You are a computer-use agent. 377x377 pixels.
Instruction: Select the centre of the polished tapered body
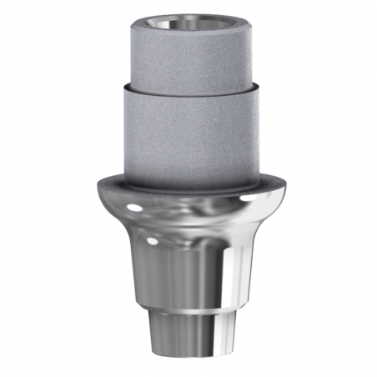pyautogui.click(x=187, y=267)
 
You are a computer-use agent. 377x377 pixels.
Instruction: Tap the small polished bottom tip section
pyautogui.click(x=187, y=338)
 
